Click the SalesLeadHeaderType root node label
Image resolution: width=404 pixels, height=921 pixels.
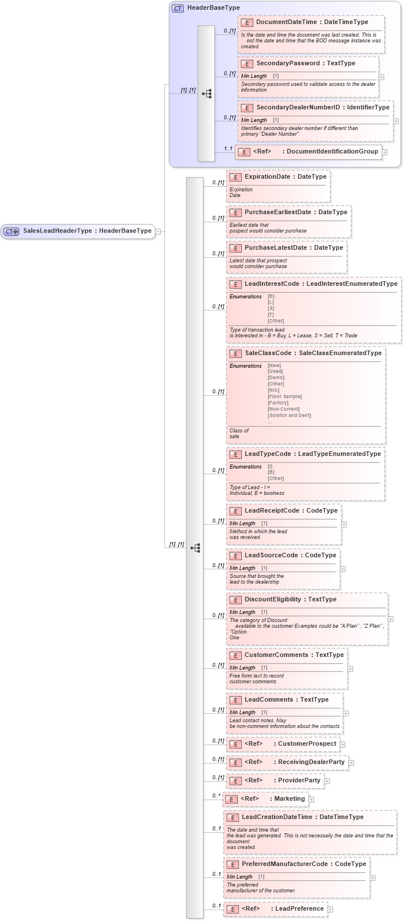[87, 231]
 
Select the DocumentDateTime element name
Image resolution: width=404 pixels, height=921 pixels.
[286, 22]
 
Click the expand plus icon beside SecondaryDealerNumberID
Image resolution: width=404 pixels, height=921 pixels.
[395, 121]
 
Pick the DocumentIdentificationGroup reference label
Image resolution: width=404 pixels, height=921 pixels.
[332, 151]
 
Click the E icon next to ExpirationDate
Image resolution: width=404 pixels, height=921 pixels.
[235, 177]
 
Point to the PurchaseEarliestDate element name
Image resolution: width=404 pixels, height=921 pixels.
[277, 212]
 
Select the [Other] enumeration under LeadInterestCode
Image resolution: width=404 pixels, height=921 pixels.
[276, 321]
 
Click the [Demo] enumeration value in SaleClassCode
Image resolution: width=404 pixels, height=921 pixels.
[276, 377]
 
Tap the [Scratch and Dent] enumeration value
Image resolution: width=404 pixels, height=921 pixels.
[289, 415]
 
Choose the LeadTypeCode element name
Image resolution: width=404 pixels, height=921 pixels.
[268, 454]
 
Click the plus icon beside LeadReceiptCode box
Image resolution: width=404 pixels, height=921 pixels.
[344, 524]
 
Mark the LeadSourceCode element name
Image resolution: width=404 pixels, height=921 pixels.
[271, 555]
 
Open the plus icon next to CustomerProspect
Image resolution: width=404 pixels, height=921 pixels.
[343, 745]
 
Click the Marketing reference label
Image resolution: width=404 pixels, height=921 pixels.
[289, 798]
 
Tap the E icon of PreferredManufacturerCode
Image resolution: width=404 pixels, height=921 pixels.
[232, 864]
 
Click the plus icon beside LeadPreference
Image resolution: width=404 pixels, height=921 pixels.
[330, 909]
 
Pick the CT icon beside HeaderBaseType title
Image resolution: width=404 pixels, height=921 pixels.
[178, 8]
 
